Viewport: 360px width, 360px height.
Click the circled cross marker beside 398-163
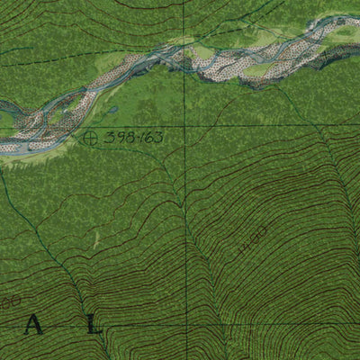point(89,138)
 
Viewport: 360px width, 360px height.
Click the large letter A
point(34,327)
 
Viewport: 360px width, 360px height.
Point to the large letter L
point(94,327)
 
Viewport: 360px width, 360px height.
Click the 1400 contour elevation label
point(255,241)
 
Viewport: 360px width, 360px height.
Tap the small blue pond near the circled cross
point(113,111)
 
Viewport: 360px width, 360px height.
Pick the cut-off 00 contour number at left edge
point(7,304)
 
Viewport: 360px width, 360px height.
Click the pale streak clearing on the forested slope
point(94,238)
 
